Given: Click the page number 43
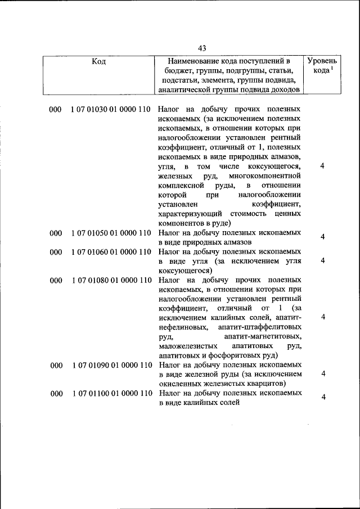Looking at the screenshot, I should (202, 47).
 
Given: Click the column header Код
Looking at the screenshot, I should (99, 61).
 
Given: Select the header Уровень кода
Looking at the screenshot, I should (322, 65).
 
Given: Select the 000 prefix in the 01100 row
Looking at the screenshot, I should (55, 394).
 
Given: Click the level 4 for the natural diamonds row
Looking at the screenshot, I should (323, 237).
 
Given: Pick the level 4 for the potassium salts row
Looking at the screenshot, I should (323, 398).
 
